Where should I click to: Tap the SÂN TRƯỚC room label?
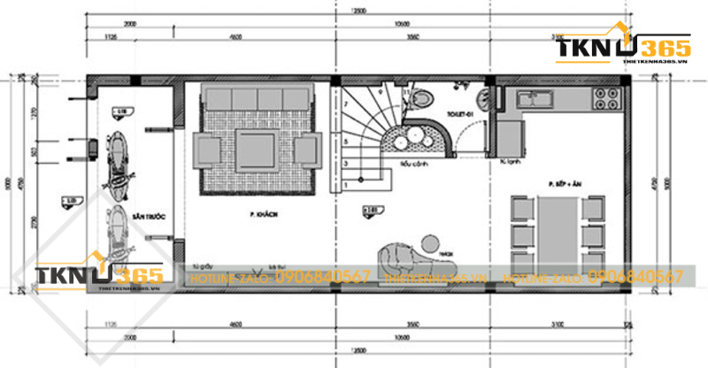click(150, 215)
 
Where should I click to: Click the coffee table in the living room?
click(257, 149)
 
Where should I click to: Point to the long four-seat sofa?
click(257, 99)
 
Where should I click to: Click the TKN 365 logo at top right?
click(617, 51)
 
